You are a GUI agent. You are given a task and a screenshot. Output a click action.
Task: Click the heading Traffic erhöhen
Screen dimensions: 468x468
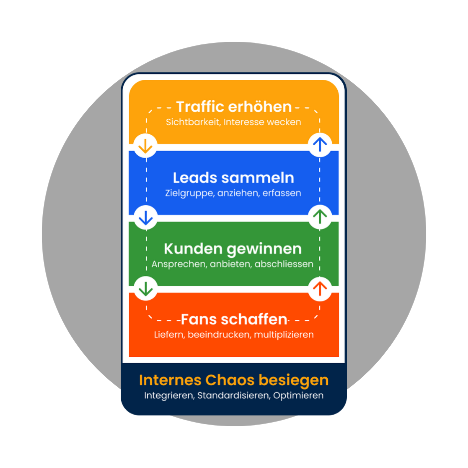coord(234,107)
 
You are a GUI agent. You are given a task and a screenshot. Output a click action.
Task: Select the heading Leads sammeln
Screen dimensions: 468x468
coord(234,178)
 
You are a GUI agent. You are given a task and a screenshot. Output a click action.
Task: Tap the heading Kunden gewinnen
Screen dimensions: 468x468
coord(233,248)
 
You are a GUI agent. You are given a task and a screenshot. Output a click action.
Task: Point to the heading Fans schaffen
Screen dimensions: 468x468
coord(234,319)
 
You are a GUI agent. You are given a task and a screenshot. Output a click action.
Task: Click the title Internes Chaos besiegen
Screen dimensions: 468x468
coord(234,380)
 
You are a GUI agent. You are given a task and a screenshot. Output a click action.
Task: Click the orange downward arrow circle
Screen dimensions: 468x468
coord(146,145)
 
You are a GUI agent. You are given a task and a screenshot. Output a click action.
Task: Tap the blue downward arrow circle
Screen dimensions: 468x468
coord(146,217)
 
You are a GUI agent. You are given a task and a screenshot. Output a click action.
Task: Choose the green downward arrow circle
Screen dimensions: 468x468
coord(146,288)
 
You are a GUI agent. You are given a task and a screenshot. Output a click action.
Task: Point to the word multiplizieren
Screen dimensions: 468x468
coord(284,334)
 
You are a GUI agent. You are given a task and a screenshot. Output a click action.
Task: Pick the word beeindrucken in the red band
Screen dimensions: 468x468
coord(220,334)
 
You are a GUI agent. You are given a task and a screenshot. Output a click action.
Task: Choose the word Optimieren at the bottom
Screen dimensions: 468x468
coord(298,396)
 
